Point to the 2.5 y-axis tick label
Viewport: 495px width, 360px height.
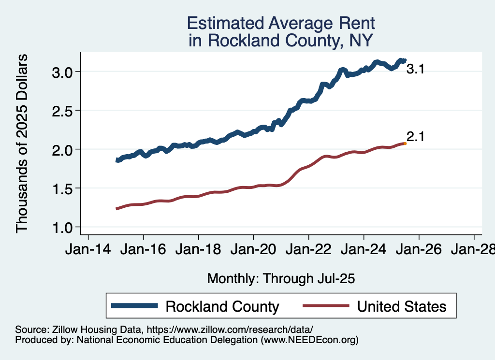[x=62, y=111]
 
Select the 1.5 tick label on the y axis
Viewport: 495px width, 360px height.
[x=62, y=188]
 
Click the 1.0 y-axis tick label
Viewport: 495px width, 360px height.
[x=62, y=227]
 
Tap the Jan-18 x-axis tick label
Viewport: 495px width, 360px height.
[x=198, y=251]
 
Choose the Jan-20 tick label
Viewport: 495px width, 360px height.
[x=253, y=251]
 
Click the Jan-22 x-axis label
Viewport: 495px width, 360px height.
[x=308, y=251]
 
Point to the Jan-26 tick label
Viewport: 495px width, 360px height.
[x=419, y=251]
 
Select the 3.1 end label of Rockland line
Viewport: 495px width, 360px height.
[x=415, y=70]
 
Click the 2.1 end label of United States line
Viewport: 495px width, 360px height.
[x=415, y=137]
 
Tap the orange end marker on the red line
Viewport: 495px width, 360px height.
[x=405, y=144]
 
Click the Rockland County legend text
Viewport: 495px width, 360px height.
[x=222, y=306]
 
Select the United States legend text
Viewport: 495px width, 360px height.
[x=401, y=306]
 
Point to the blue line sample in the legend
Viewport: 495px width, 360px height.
[x=134, y=305]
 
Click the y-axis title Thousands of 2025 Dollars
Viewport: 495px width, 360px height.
[x=22, y=144]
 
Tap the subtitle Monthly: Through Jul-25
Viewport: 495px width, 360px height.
[x=281, y=278]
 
